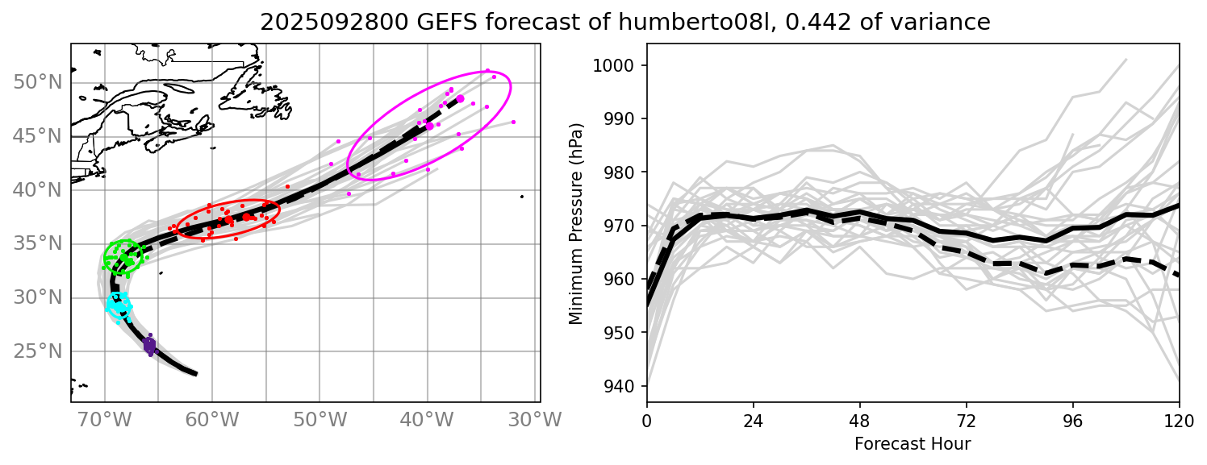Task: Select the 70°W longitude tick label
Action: click(105, 421)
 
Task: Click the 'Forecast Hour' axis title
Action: click(913, 444)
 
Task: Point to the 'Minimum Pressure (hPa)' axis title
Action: click(575, 223)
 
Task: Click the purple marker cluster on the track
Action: click(149, 345)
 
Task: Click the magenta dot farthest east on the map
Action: click(513, 122)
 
